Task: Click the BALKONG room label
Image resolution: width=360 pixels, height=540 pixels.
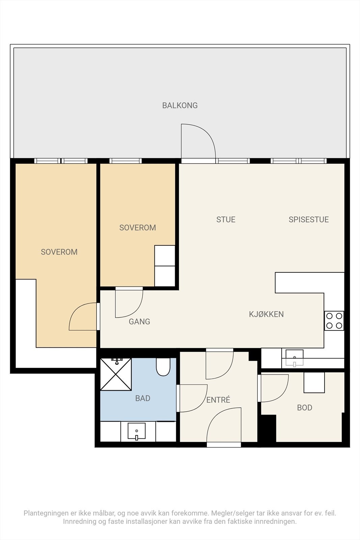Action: click(x=180, y=105)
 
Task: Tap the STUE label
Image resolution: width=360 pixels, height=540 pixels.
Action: click(x=226, y=219)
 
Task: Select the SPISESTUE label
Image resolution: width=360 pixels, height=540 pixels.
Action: click(x=309, y=219)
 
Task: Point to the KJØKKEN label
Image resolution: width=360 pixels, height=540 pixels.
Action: click(x=266, y=314)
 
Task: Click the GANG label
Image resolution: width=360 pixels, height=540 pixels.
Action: click(x=140, y=321)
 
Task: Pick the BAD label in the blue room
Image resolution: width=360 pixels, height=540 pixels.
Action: click(x=143, y=398)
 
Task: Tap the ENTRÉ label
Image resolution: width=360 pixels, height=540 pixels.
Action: click(x=218, y=400)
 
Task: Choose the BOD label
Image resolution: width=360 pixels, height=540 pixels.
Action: click(x=305, y=407)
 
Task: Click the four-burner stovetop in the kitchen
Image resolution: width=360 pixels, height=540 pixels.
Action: click(x=334, y=321)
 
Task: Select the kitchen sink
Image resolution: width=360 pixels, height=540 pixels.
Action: click(x=295, y=358)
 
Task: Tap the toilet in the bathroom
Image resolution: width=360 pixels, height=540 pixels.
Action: click(x=163, y=367)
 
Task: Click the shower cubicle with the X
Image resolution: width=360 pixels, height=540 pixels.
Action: click(x=116, y=374)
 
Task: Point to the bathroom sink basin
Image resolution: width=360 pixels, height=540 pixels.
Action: click(x=137, y=431)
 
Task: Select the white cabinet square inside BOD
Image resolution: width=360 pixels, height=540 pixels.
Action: click(x=314, y=383)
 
